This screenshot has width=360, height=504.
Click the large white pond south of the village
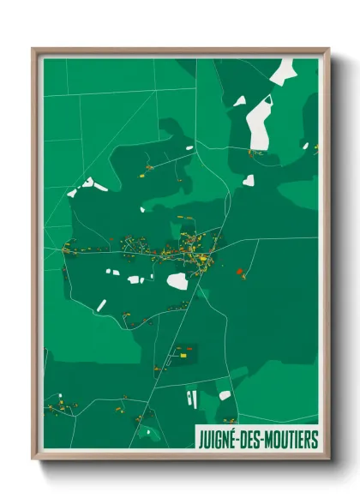(x=177, y=281)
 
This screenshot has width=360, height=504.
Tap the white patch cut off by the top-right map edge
(x=283, y=69)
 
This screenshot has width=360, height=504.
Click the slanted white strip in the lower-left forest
(x=101, y=305)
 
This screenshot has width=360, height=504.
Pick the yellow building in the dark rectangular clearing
(x=182, y=351)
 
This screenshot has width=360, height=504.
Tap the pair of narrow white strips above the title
(x=193, y=399)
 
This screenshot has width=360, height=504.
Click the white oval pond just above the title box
(x=225, y=395)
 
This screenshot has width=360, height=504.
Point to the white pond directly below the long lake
(x=249, y=180)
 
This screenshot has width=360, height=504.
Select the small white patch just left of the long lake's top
(x=239, y=101)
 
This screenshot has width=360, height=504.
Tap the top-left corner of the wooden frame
(x=33, y=50)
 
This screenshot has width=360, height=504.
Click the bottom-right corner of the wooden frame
(x=328, y=459)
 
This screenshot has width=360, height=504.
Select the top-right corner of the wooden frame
(x=328, y=50)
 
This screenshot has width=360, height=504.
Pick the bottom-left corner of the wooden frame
(x=33, y=459)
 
